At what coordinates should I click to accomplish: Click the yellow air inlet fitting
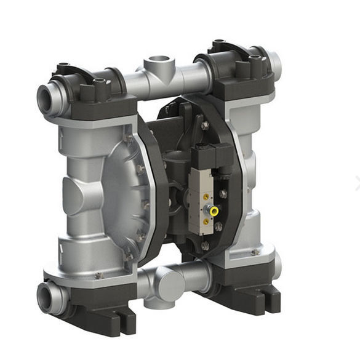[x=214, y=210]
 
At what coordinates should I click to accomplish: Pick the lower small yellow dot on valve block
[x=206, y=221]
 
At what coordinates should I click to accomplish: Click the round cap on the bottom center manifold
[x=169, y=282]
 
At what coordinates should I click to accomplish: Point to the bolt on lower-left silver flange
[x=98, y=276]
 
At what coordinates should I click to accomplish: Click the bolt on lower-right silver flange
[x=255, y=252]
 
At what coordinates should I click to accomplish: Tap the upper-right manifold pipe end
[x=275, y=62]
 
